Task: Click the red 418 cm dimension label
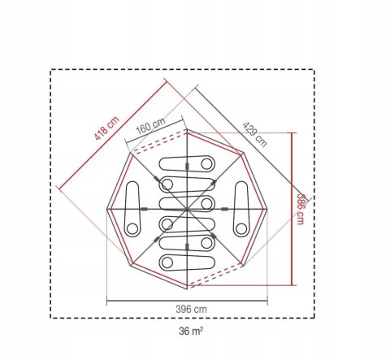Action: click(106, 128)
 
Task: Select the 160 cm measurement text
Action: click(150, 126)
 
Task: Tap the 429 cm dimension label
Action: click(254, 135)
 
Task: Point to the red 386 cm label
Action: click(301, 209)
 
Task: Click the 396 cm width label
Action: click(191, 309)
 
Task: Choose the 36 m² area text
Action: click(191, 331)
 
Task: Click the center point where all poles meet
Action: click(187, 209)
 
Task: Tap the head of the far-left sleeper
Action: click(132, 229)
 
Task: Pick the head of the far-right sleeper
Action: click(241, 229)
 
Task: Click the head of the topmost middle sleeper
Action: click(206, 164)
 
